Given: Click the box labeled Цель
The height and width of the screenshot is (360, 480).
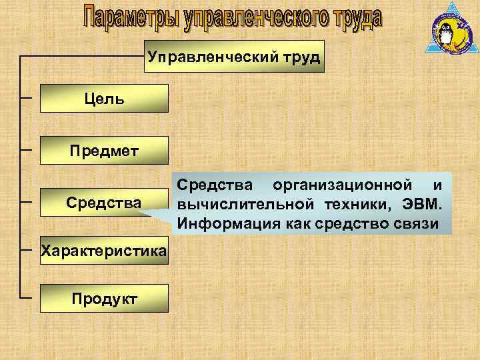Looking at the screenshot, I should pos(104,99).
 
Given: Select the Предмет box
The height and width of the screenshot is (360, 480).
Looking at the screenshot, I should pos(104,149).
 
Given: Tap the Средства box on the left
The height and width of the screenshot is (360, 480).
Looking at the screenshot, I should pos(104,201).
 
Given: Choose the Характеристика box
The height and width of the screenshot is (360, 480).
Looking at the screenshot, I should pos(104,251).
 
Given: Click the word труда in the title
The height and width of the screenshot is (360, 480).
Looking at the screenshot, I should pos(357,18).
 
